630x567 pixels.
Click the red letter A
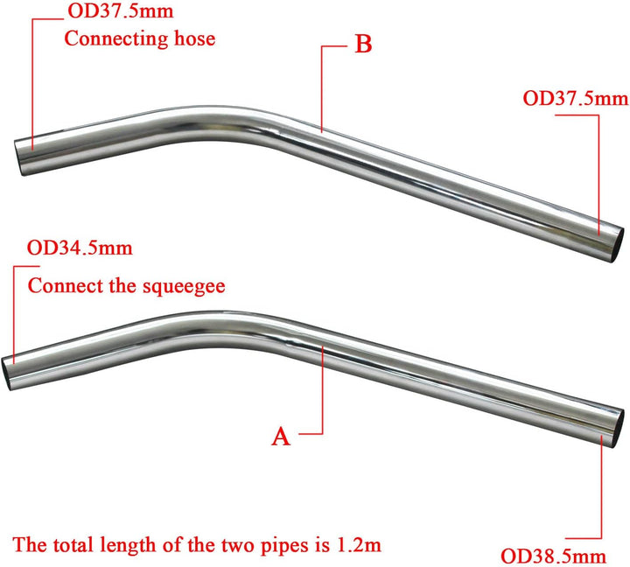tap(281, 437)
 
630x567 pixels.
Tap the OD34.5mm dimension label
tap(80, 247)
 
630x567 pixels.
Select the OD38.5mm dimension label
tap(553, 556)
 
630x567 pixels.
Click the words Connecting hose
tap(140, 38)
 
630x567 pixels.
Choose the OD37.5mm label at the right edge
tap(576, 98)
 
